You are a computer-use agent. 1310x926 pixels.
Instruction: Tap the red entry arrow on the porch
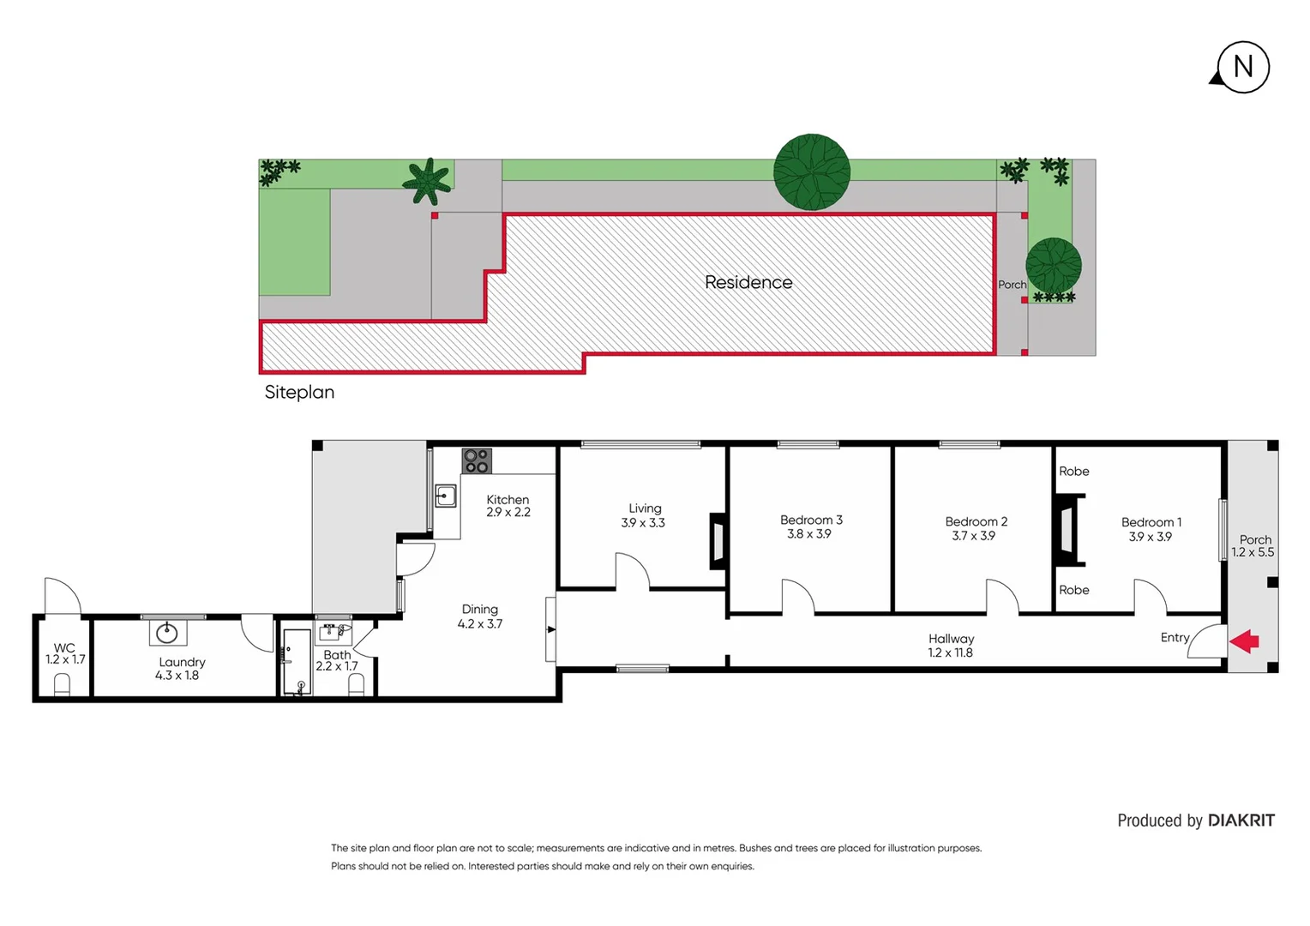[x=1244, y=640]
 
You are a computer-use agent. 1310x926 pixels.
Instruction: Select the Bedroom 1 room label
[x=1151, y=522]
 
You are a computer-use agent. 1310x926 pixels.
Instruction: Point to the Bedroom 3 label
[x=810, y=520]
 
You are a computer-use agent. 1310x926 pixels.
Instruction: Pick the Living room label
[x=645, y=508]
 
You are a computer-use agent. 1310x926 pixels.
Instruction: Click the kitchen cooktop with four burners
[x=477, y=460]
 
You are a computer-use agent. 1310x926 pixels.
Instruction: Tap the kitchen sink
[x=445, y=496]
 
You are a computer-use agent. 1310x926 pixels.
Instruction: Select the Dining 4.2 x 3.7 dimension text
[x=479, y=624]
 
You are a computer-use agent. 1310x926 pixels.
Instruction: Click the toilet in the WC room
[x=62, y=684]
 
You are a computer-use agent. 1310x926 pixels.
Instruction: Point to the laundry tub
[x=167, y=634]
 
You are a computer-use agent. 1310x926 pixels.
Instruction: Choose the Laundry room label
[x=182, y=662]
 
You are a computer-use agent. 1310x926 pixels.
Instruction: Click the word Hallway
[x=951, y=639]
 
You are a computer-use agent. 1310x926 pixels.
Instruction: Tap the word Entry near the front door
[x=1175, y=637]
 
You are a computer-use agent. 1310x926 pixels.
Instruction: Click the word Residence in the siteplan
[x=748, y=282]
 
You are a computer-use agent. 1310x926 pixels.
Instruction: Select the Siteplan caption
[x=299, y=392]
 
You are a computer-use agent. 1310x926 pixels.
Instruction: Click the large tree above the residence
[x=811, y=172]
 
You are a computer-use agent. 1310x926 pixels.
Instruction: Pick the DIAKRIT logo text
[x=1241, y=821]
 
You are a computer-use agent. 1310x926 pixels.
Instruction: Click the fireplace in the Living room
[x=718, y=541]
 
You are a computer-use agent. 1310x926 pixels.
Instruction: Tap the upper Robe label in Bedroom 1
[x=1073, y=472]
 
